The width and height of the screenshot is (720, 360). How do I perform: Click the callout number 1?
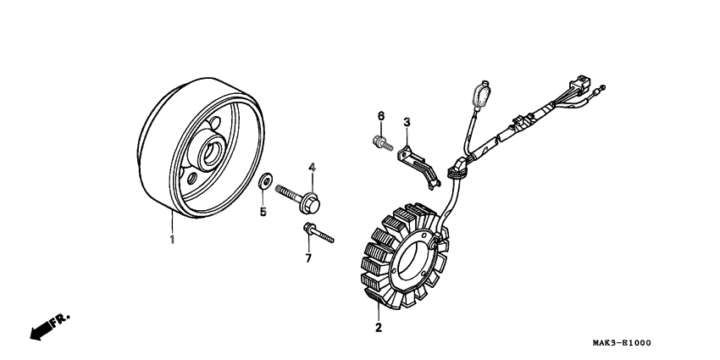click(172, 239)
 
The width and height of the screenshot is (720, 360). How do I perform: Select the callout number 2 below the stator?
click(379, 328)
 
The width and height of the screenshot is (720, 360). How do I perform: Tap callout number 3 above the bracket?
click(407, 123)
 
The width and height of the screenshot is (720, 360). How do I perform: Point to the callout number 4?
click(312, 168)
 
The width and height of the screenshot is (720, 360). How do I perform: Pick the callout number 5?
click(263, 212)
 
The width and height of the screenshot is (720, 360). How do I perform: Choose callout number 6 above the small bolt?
click(380, 116)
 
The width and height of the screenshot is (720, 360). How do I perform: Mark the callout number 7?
click(308, 258)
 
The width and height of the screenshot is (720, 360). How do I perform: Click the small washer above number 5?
click(265, 181)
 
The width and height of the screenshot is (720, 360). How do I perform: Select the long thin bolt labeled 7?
click(318, 233)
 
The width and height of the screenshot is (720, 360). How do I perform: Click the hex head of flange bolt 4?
click(310, 204)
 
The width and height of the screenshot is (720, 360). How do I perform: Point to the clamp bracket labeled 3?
click(418, 166)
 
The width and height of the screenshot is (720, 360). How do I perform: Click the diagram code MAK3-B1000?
click(622, 343)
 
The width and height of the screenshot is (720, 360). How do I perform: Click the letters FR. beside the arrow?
click(59, 319)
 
